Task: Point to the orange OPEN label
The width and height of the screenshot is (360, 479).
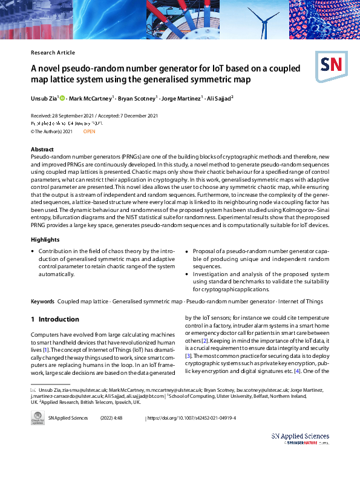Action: pyautogui.click(x=89, y=131)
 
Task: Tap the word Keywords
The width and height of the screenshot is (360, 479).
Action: pyautogui.click(x=42, y=302)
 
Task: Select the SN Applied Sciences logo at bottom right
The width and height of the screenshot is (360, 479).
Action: pyautogui.click(x=300, y=438)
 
